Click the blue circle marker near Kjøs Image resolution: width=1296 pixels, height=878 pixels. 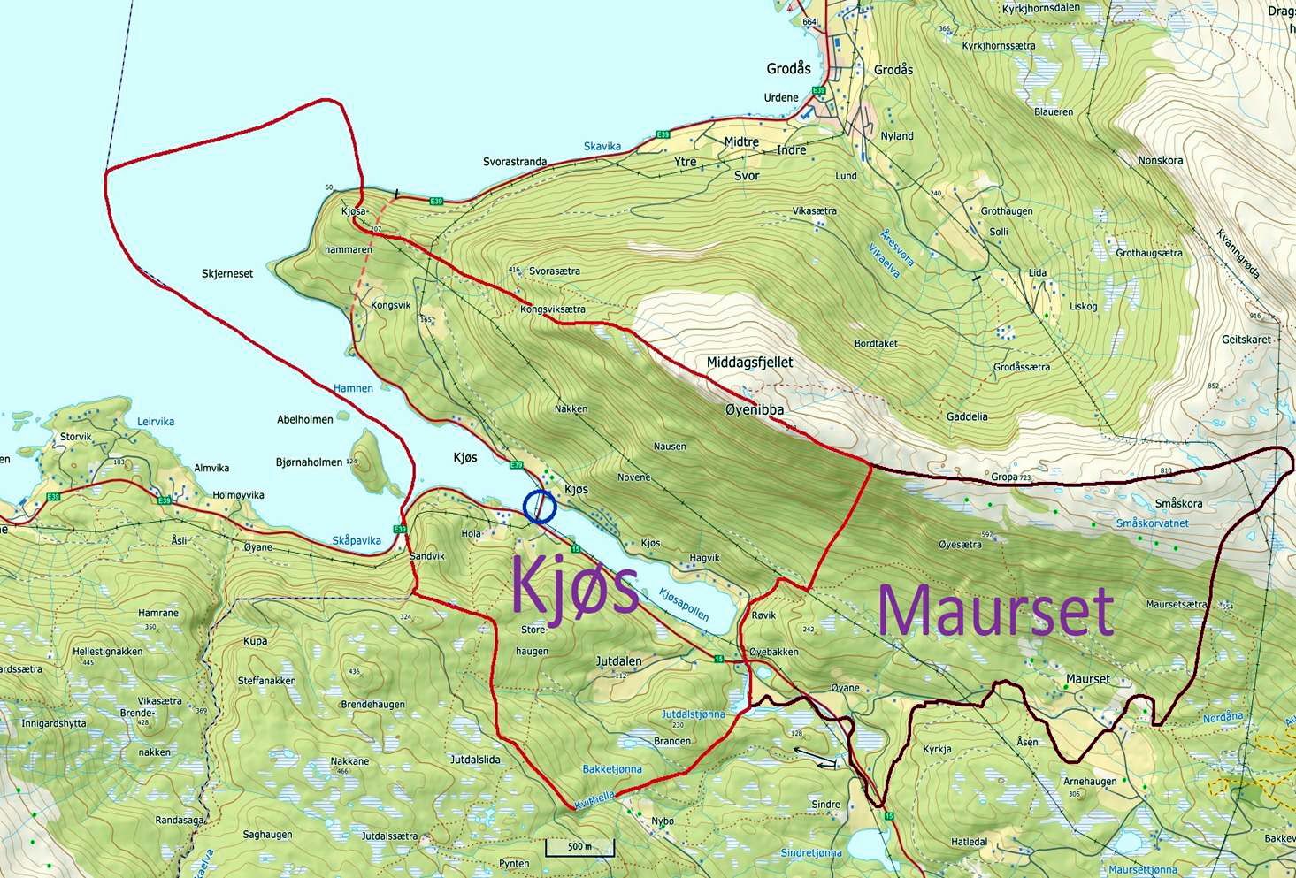click(540, 507)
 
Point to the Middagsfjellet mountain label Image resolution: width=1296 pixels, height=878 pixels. click(749, 363)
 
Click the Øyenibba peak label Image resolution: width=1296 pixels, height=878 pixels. click(754, 410)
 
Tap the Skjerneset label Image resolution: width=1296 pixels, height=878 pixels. click(227, 274)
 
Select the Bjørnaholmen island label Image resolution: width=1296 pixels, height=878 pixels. click(309, 462)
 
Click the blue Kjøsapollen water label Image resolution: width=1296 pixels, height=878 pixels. click(684, 610)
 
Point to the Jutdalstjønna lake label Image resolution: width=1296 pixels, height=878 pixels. click(693, 714)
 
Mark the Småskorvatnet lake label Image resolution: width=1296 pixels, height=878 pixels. click(1152, 523)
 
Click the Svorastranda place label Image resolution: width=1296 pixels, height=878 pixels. click(515, 163)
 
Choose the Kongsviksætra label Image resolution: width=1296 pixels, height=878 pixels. click(553, 310)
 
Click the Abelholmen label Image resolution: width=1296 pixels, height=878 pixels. click(304, 420)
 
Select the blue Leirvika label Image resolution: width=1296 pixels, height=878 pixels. click(156, 422)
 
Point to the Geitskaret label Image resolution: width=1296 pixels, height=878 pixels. click(1246, 340)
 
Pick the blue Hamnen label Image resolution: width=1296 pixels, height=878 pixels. click(353, 388)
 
